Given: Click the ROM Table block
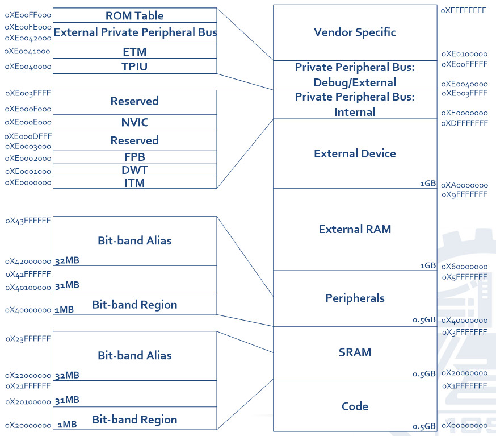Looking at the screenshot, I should [x=134, y=15].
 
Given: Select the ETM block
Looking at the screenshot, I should [x=134, y=52].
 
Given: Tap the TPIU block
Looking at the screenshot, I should [x=134, y=66].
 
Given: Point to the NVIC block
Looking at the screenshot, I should [x=134, y=123].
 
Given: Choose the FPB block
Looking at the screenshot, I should [x=134, y=157].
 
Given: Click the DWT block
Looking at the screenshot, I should [x=134, y=171].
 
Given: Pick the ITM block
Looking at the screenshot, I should [x=134, y=183].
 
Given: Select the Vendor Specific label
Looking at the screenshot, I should [x=355, y=32].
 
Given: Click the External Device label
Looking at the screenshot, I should [x=355, y=153].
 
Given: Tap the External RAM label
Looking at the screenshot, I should [x=355, y=230].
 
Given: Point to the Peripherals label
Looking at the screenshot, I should [x=355, y=298].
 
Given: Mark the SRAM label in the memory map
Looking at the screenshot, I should [x=355, y=352].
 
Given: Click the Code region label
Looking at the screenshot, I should [x=355, y=406].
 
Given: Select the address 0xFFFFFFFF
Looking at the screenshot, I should [x=463, y=10].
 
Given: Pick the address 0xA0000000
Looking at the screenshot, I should [x=465, y=185].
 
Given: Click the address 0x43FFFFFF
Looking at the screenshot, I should [x=28, y=221].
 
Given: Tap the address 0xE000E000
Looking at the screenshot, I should [x=28, y=122].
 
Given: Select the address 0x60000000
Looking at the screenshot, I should [x=465, y=267].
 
